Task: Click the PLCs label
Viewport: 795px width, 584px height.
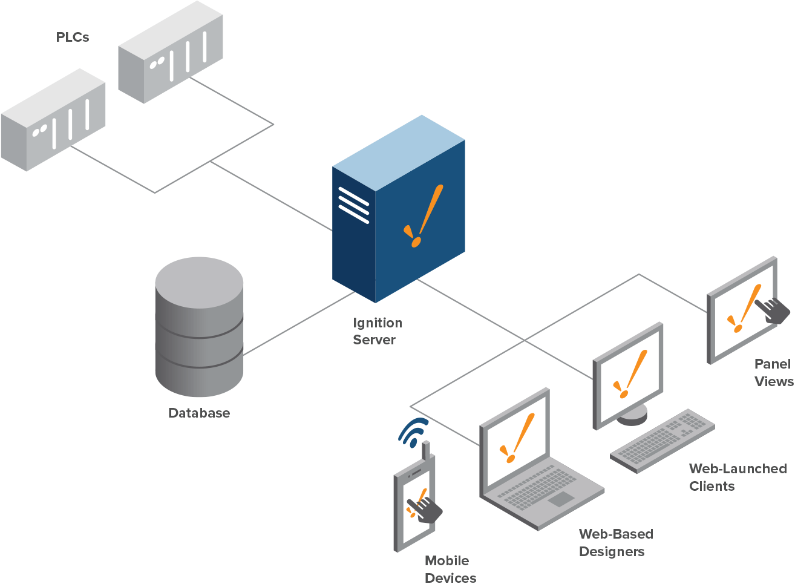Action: click(x=72, y=38)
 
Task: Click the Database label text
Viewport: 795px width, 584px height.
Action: click(x=198, y=413)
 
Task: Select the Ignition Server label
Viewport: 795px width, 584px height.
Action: click(x=377, y=332)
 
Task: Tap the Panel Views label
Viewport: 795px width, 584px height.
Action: click(x=773, y=373)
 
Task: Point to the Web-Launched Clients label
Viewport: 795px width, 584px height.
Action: click(x=737, y=477)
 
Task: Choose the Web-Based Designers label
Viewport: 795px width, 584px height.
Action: click(x=615, y=543)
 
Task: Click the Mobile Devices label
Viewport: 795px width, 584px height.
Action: click(x=450, y=569)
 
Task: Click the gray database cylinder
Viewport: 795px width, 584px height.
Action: click(x=199, y=327)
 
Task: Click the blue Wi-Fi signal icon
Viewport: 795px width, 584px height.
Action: click(x=413, y=430)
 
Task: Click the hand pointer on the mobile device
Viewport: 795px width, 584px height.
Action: click(x=427, y=510)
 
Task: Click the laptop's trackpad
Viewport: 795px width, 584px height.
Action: click(x=561, y=499)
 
